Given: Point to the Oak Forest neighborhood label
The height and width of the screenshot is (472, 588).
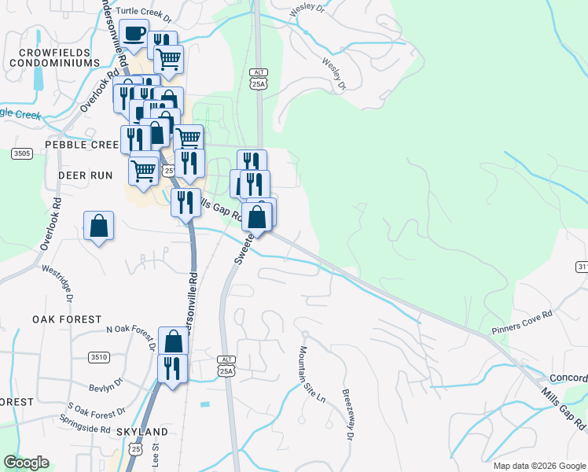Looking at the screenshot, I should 67,319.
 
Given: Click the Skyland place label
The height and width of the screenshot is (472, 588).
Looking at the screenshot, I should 141,433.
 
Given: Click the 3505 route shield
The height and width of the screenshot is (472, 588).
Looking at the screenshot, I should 22,153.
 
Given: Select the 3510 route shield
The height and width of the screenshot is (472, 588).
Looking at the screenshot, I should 98,356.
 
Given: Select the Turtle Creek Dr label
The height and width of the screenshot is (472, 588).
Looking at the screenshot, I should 147,13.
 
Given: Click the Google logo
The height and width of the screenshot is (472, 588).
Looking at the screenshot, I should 26,463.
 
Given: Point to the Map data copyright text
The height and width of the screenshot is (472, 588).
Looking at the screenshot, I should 538,466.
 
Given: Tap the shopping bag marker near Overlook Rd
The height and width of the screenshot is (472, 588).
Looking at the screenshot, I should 99,226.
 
